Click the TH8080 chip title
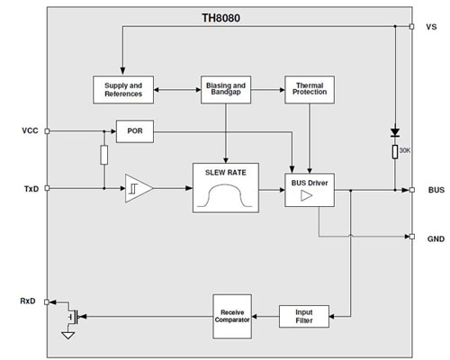coord(224,15)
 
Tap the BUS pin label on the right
coord(433,190)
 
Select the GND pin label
coord(433,238)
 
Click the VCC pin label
coord(30,130)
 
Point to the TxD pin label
coord(30,189)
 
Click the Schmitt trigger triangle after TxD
coord(137,189)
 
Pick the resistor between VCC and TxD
coord(104,156)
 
